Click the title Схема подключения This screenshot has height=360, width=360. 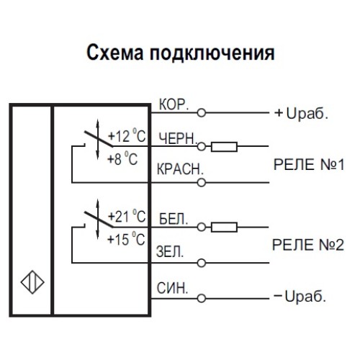pos(180,53)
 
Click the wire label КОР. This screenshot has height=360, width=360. pos(173,105)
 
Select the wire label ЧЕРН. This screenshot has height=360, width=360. pos(175,138)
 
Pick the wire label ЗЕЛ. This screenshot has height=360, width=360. pos(171,253)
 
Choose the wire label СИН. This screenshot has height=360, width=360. pos(172,288)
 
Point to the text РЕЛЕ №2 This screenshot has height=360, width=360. pos(310,246)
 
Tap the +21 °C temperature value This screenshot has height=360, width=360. pos(127,216)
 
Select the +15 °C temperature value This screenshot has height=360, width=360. pos(127,240)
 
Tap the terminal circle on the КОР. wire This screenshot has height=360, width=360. pos(202,113)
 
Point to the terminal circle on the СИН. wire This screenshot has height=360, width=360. pos(202,297)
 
